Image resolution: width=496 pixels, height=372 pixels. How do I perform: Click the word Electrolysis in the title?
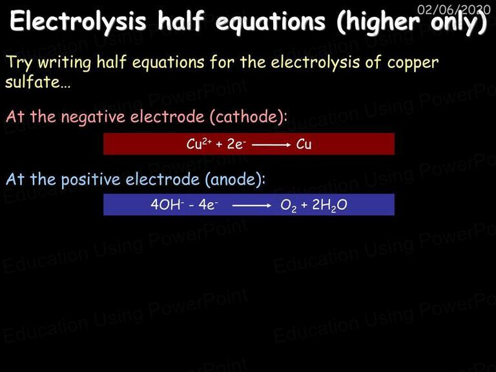click(77, 21)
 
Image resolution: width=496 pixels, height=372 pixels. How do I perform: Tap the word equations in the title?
click(270, 22)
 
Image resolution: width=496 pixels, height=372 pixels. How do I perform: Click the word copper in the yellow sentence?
click(413, 63)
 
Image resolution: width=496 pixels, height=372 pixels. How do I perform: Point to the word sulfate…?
click(37, 81)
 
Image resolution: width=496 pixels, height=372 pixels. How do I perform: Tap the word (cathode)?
click(249, 116)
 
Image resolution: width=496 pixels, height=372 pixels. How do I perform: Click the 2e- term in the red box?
click(236, 144)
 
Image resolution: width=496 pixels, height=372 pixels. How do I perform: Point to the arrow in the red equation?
click(271, 145)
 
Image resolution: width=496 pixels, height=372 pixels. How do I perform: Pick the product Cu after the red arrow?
click(304, 144)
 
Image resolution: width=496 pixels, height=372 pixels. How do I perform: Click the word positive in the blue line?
click(91, 180)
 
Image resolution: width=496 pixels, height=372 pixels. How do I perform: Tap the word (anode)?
click(235, 180)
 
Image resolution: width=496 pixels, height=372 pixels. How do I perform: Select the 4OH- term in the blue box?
click(167, 205)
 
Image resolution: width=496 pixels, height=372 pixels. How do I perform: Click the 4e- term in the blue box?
click(208, 205)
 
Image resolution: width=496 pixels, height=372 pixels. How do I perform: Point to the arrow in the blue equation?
click(252, 205)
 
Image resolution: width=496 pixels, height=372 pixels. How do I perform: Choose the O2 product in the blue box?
click(289, 205)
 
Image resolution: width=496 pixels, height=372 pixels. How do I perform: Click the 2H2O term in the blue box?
click(329, 205)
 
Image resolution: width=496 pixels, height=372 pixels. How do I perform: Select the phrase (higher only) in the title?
click(412, 22)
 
